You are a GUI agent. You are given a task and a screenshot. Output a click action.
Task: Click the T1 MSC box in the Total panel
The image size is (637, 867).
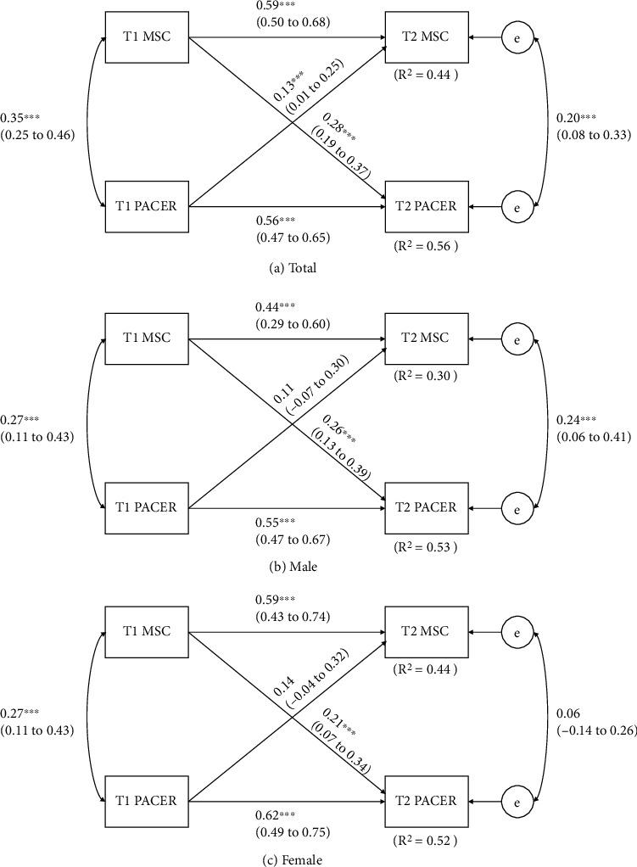(x=147, y=37)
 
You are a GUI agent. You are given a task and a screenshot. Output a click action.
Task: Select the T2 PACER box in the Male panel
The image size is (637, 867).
(x=426, y=507)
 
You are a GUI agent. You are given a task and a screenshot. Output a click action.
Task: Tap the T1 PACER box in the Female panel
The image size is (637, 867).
(x=147, y=800)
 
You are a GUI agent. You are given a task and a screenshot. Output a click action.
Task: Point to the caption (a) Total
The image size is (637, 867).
(x=291, y=268)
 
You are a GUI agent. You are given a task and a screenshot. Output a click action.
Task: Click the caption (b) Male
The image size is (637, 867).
(x=291, y=568)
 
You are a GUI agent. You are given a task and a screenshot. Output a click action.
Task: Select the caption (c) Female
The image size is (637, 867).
(x=291, y=860)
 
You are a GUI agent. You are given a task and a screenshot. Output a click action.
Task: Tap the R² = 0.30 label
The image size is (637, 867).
(x=426, y=376)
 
